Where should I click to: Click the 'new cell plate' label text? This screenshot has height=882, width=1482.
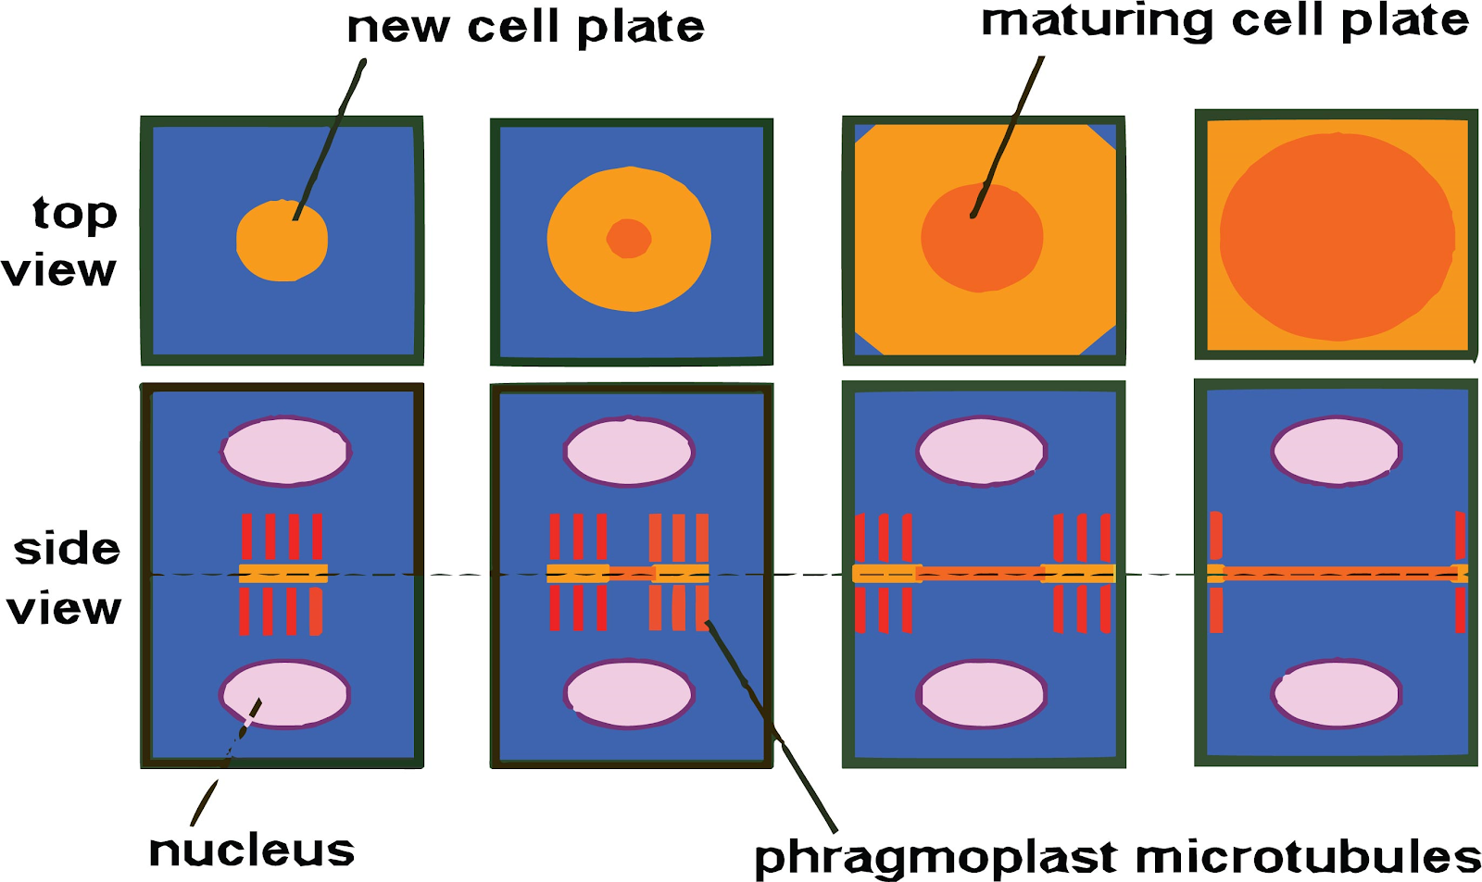point(525,28)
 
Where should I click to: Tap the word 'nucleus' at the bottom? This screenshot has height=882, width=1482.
point(252,851)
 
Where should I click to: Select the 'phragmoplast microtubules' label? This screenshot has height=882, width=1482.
point(1117,858)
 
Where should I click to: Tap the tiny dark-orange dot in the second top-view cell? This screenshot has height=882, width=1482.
point(629,239)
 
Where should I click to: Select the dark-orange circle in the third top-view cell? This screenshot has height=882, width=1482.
point(982,238)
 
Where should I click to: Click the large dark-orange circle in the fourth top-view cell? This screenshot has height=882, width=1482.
point(1337,236)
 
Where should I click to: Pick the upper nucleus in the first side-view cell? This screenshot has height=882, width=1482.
point(285,451)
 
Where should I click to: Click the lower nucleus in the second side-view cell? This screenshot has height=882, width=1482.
point(629,694)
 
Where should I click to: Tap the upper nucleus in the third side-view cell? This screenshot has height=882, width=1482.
point(981,451)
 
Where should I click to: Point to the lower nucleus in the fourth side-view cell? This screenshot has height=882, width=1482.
point(1337,694)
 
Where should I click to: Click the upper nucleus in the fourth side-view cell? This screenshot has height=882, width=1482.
point(1337,451)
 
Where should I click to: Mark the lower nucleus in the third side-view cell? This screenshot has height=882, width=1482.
point(982,694)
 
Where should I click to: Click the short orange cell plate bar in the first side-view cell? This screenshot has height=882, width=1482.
point(283,573)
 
